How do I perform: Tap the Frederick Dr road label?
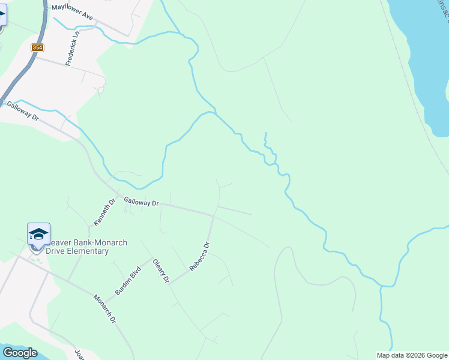click(76, 49)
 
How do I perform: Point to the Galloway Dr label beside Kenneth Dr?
click(141, 203)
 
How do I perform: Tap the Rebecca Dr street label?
click(200, 257)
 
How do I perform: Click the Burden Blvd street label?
click(127, 280)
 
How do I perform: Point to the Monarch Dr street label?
click(104, 309)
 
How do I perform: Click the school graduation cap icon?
click(38, 233)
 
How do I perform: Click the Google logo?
click(19, 353)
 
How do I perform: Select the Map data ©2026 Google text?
click(412, 355)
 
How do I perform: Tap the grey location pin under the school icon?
click(35, 247)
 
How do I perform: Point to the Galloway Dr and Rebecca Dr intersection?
click(214, 215)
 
